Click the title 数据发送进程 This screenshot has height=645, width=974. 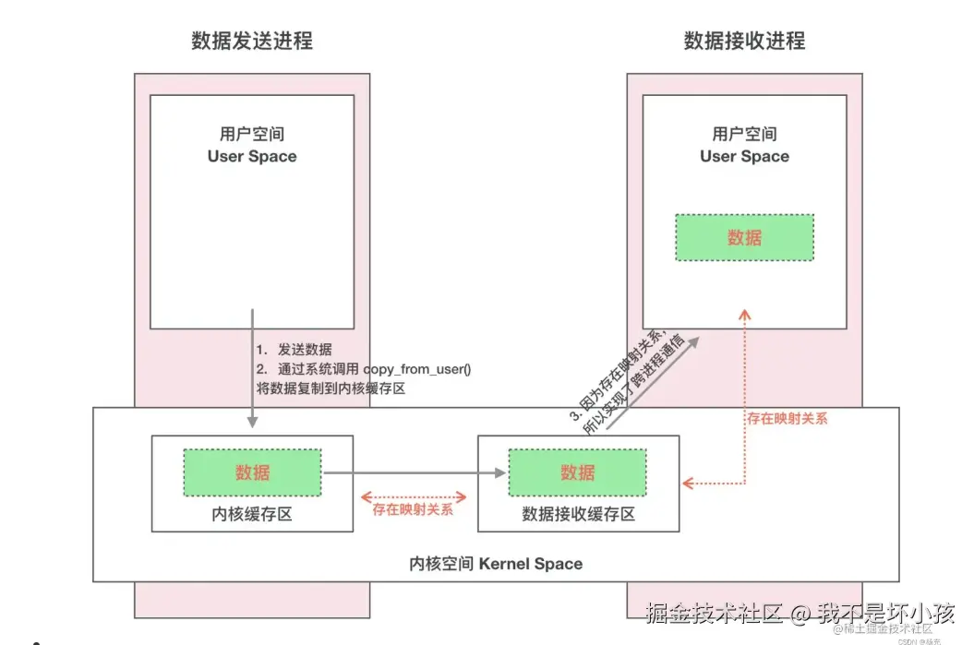[x=251, y=42]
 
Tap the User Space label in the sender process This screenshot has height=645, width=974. [x=252, y=156]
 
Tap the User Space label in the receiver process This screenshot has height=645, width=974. [x=744, y=156]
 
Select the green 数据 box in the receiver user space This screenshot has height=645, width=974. [x=744, y=237]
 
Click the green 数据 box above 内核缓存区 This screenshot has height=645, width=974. [x=252, y=472]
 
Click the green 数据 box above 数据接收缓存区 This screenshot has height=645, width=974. [x=577, y=472]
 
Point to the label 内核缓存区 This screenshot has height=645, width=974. [x=252, y=514]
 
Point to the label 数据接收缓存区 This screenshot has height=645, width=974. [x=578, y=514]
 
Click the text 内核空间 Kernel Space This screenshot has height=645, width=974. [x=496, y=563]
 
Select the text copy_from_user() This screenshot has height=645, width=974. [x=417, y=369]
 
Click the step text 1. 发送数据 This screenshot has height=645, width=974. [x=295, y=350]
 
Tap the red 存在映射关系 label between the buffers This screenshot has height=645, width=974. [x=413, y=508]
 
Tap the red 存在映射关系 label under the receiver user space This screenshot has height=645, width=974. [x=788, y=418]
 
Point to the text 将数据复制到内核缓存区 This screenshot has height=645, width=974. [x=331, y=388]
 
